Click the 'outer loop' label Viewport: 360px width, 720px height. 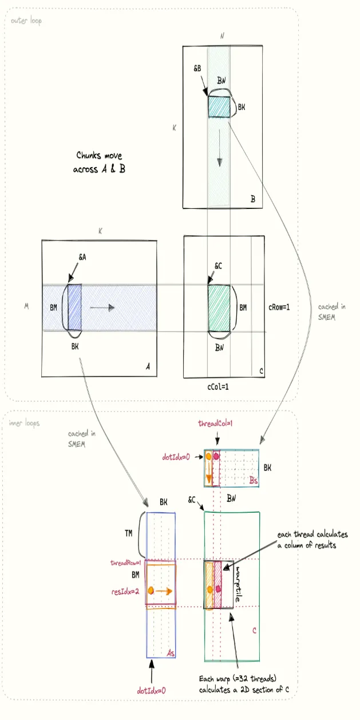25,21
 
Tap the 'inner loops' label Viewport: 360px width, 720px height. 25,424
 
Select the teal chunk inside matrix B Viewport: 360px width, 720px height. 218,107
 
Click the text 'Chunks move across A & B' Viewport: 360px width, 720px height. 99,163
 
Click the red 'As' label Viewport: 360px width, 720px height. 169,652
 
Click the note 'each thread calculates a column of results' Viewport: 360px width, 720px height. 312,539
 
